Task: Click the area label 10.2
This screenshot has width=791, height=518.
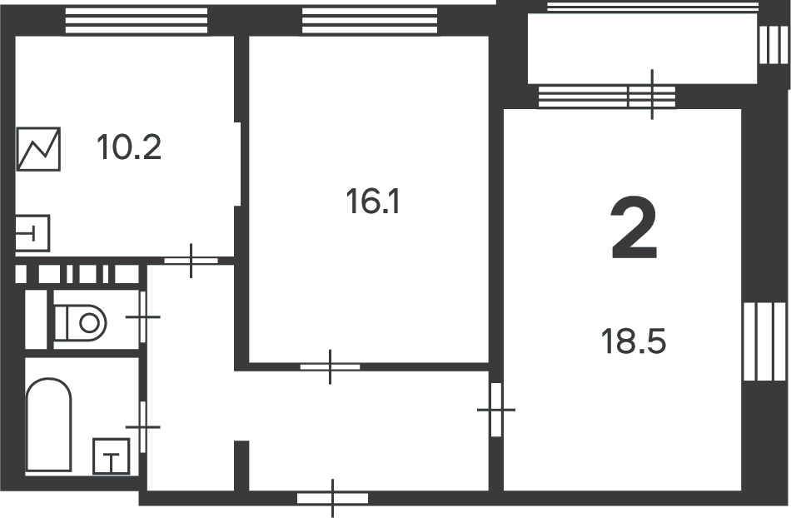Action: tap(129, 147)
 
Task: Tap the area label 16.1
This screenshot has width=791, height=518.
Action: tap(373, 202)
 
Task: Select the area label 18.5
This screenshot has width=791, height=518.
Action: tap(633, 341)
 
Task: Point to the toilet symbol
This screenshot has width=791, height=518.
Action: tap(80, 323)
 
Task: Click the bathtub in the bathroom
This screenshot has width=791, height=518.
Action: tap(48, 425)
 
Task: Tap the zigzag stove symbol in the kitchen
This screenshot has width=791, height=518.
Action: tap(38, 149)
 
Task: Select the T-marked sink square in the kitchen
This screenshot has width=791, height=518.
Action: tap(32, 233)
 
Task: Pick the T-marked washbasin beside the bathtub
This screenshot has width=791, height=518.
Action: tap(111, 456)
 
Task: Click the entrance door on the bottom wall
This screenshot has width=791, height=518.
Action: tap(332, 498)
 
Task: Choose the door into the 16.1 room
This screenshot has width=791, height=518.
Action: tap(331, 366)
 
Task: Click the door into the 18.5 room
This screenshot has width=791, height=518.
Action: tap(496, 410)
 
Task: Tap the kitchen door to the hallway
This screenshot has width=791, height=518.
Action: tap(192, 261)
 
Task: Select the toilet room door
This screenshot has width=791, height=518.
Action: tap(142, 316)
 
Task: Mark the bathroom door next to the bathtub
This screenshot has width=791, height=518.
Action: tap(142, 426)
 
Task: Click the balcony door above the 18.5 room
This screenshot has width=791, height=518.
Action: tap(652, 95)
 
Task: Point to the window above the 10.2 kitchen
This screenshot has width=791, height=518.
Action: tap(137, 21)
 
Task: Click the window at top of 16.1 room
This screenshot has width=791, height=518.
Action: tap(370, 21)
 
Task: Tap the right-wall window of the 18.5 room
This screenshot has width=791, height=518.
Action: tap(765, 341)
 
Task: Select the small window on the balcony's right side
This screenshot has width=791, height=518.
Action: tap(774, 44)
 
